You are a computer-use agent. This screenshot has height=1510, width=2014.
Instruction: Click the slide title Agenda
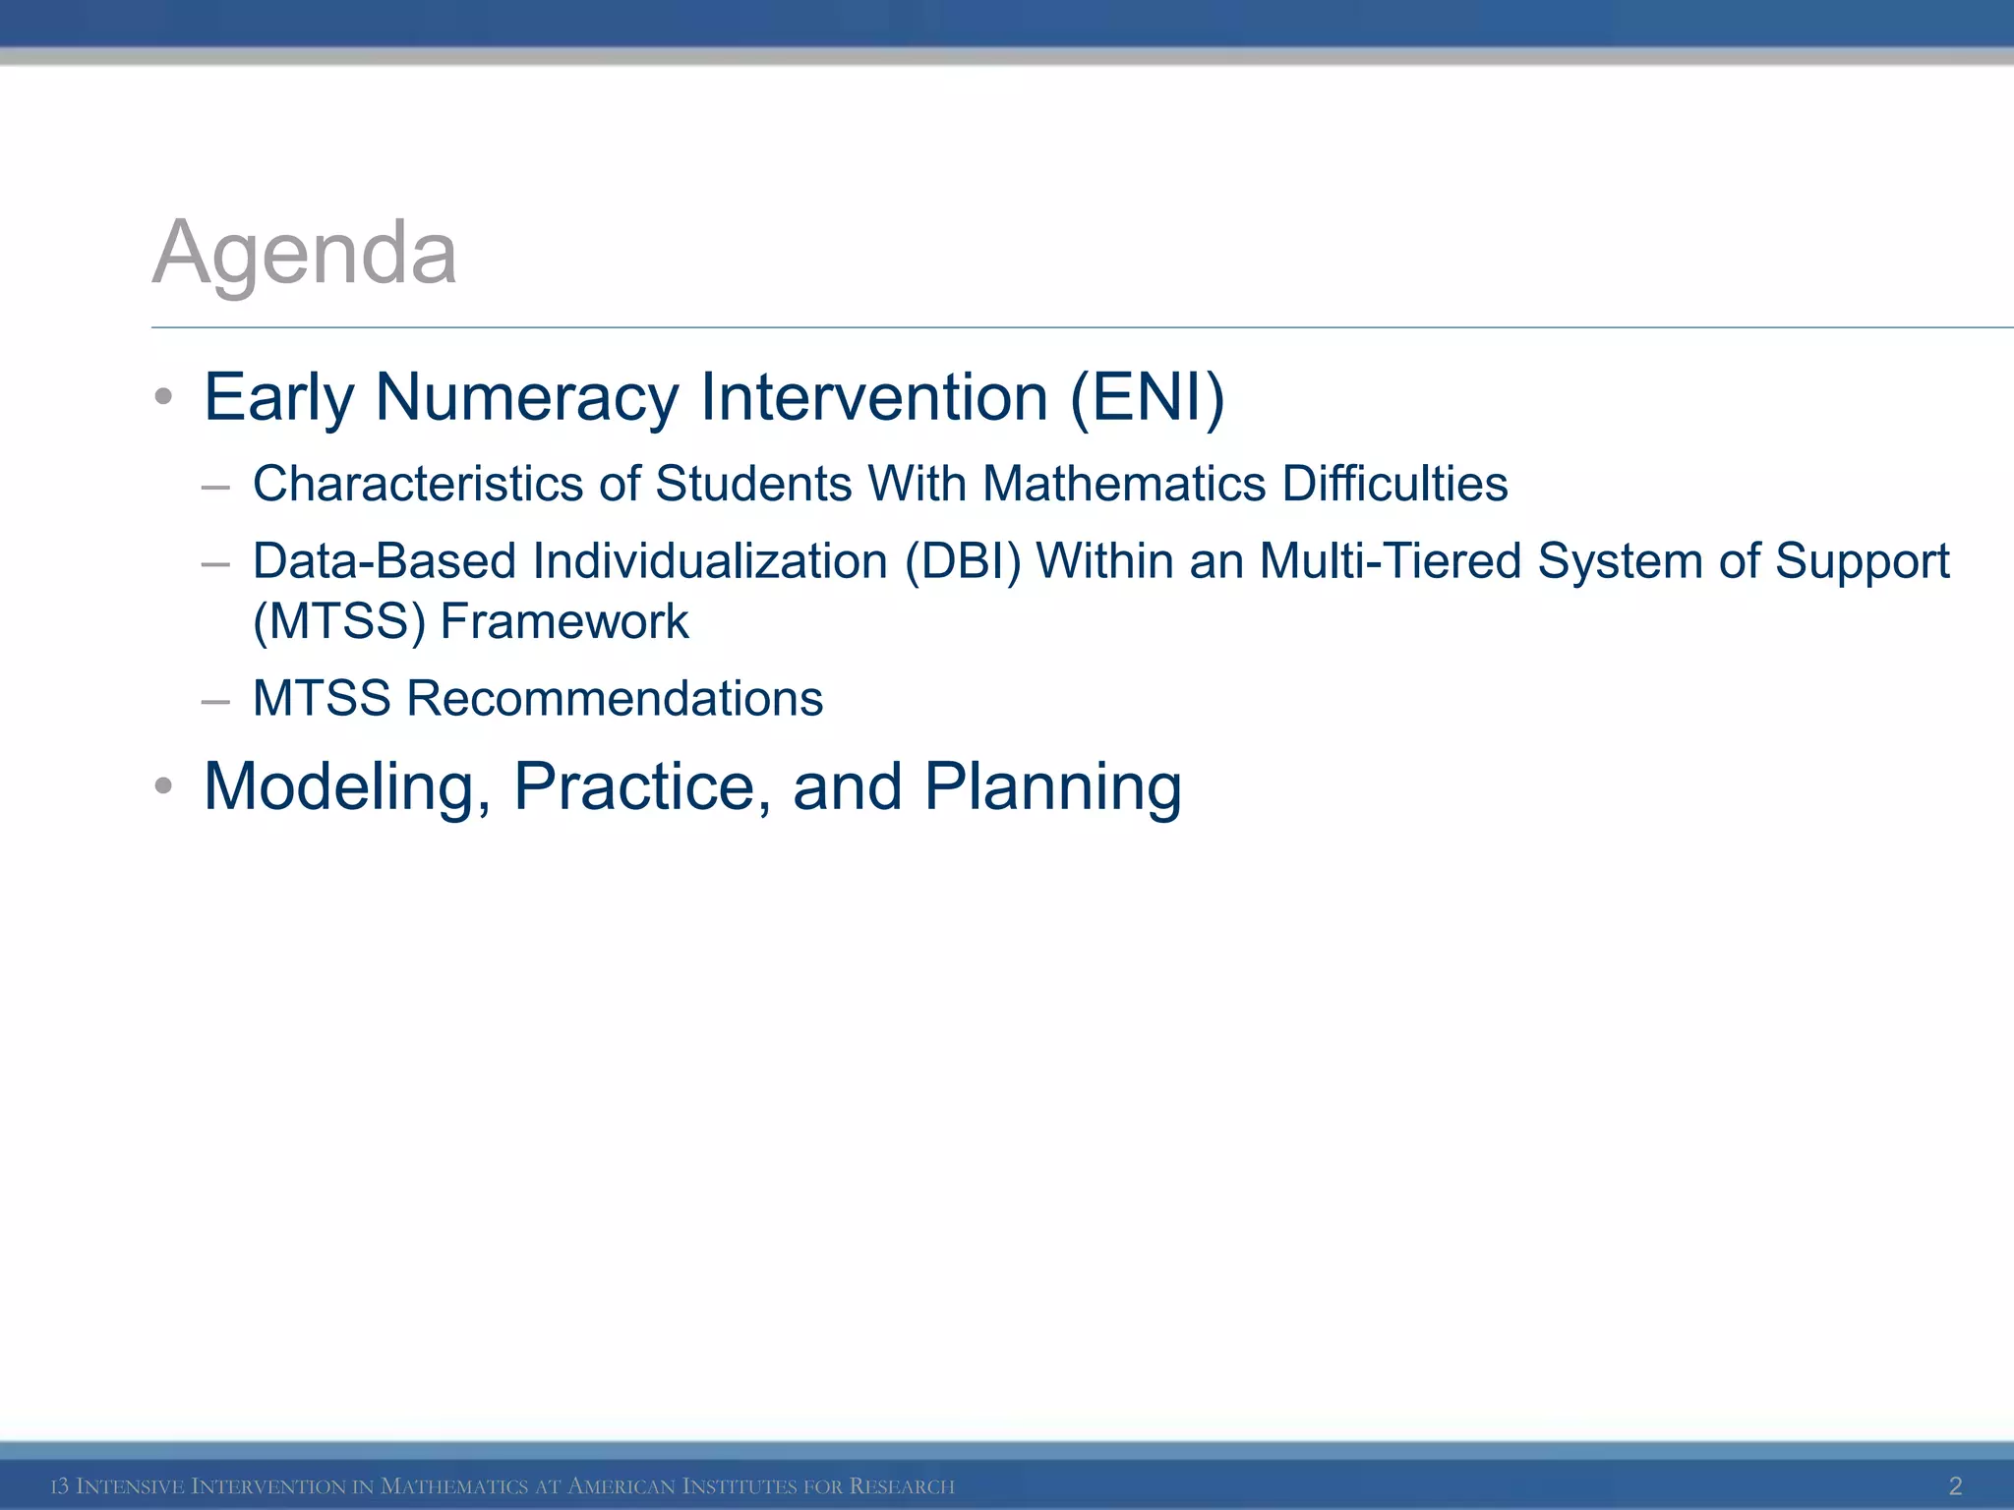pyautogui.click(x=305, y=254)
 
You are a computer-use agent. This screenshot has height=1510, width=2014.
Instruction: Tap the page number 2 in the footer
pyautogui.click(x=1955, y=1485)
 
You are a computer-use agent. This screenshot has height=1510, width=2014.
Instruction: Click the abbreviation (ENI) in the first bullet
pyautogui.click(x=1147, y=397)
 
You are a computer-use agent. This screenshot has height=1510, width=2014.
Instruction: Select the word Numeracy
pyautogui.click(x=527, y=397)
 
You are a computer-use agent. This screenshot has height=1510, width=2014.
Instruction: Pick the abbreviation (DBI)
pyautogui.click(x=963, y=561)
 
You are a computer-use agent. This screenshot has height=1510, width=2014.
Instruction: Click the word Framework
pyautogui.click(x=564, y=621)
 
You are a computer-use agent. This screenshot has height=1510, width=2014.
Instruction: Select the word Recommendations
pyautogui.click(x=615, y=699)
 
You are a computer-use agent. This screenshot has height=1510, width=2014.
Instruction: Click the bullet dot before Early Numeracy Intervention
pyautogui.click(x=164, y=398)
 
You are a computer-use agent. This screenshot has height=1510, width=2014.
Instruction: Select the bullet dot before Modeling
pyautogui.click(x=164, y=786)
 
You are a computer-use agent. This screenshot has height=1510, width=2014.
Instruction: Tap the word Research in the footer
pyautogui.click(x=902, y=1486)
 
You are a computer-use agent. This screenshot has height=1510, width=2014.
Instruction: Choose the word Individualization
pyautogui.click(x=710, y=561)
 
